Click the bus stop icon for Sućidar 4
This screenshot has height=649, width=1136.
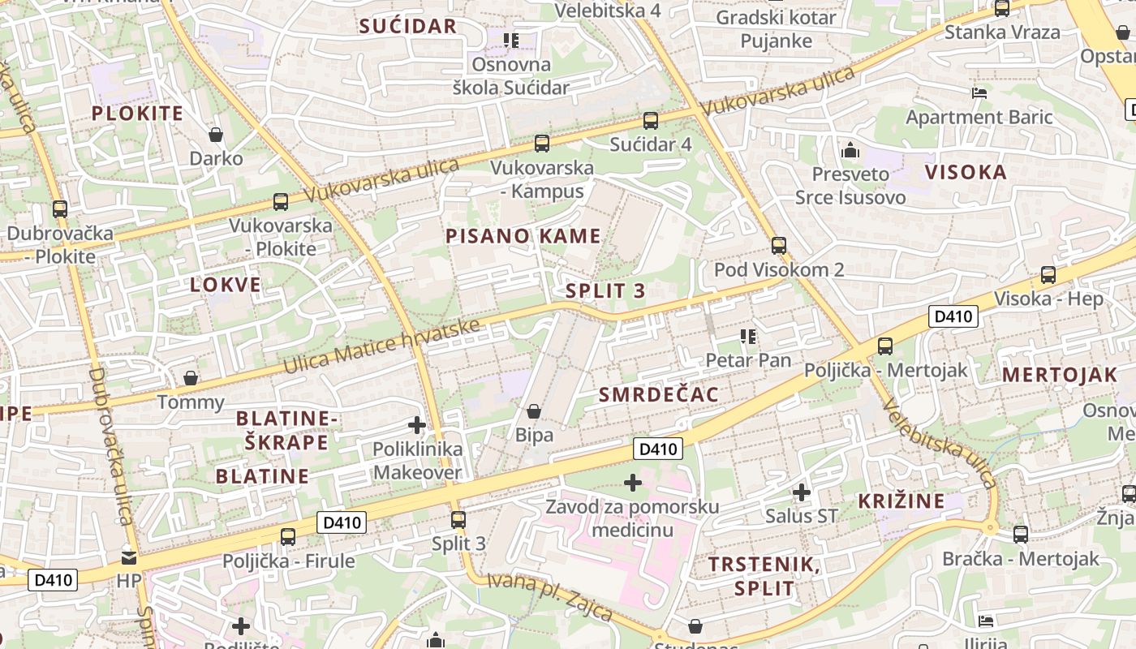coord(650,121)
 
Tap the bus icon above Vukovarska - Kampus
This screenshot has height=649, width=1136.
coord(542,144)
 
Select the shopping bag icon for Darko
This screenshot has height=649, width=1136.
coord(216,134)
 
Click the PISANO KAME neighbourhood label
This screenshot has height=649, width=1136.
coord(523,236)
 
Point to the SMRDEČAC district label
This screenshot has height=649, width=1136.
coord(658,395)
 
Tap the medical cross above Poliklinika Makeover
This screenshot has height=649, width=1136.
coord(417,425)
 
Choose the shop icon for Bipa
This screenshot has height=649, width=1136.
coord(534,411)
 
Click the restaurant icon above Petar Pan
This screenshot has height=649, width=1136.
coord(747,336)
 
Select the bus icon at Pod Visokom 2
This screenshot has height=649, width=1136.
coord(779,245)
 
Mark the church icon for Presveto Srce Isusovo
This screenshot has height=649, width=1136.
coord(850,150)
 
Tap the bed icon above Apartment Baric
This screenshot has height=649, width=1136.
coord(979,92)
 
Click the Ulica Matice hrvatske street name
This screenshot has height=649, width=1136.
coord(381,346)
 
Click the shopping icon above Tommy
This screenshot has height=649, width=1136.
coord(191,378)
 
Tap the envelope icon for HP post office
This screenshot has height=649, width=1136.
coord(129,557)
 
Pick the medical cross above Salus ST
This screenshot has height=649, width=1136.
coord(802,492)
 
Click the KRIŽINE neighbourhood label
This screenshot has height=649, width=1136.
coord(901,501)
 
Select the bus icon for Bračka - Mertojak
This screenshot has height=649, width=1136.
coord(1021,535)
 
